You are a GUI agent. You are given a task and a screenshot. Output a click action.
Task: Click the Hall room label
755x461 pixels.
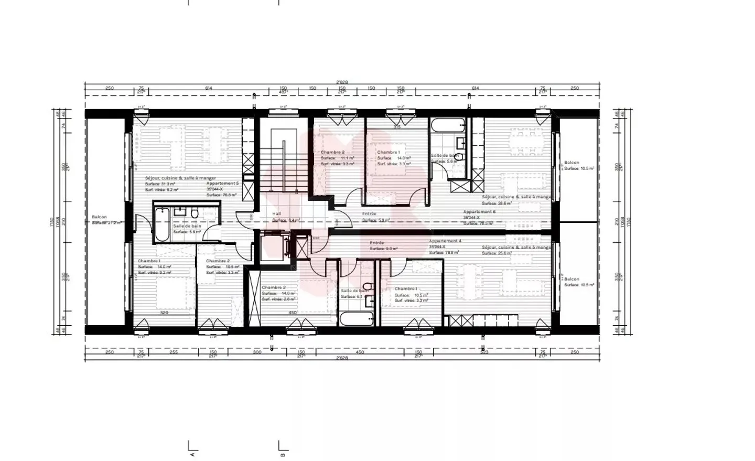pos(276,214)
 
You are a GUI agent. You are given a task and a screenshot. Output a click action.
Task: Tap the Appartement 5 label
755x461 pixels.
pos(222,184)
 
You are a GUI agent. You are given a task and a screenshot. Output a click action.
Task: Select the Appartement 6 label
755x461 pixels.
pos(479,212)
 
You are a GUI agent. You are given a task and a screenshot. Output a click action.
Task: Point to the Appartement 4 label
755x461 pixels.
pos(445,241)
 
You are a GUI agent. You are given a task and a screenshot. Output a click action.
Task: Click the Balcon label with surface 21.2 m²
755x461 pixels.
pos(99,217)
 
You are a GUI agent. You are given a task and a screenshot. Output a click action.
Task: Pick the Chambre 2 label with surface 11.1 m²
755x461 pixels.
pos(332,152)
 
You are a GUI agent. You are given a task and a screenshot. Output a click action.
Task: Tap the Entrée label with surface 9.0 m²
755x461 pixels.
pos(376,243)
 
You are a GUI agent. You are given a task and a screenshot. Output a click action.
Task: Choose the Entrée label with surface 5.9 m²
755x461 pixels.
pos(369,214)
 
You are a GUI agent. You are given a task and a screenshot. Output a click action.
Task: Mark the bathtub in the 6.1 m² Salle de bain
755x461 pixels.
pos(356,318)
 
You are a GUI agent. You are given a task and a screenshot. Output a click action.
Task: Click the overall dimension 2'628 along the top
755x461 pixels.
pos(342,82)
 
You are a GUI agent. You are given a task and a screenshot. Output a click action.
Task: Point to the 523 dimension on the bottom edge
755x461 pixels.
pos(484,352)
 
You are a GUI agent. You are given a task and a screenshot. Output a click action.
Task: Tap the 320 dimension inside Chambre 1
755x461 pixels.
pos(164,313)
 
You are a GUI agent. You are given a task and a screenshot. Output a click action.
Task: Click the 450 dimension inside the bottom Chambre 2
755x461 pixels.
pos(292,313)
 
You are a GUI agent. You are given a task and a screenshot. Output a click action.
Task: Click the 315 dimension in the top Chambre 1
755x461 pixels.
pos(397,127)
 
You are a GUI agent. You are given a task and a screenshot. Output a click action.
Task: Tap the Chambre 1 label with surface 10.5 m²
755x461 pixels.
pos(406,288)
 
